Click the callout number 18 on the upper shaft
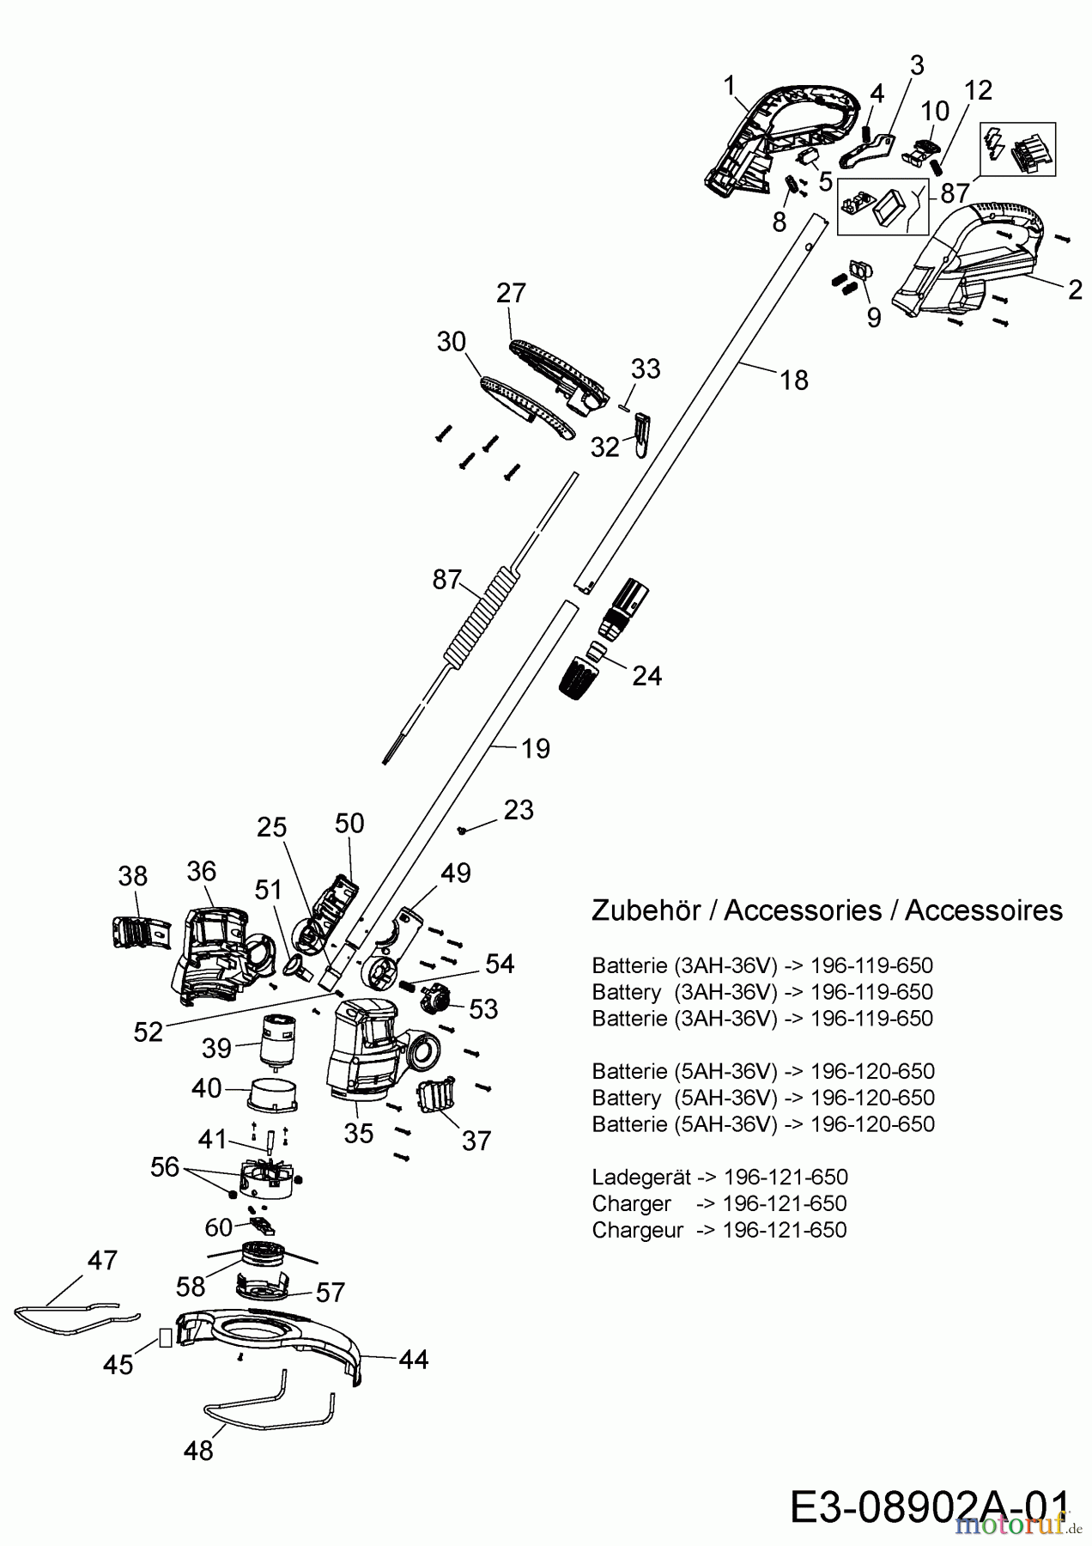(x=794, y=380)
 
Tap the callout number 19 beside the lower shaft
(x=535, y=748)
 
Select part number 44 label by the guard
(x=414, y=1359)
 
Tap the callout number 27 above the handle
(x=511, y=293)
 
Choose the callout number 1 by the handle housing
(x=730, y=86)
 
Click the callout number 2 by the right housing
(x=1075, y=289)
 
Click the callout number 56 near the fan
(x=165, y=1166)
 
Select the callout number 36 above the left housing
(x=202, y=871)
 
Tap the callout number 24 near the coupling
(x=646, y=676)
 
